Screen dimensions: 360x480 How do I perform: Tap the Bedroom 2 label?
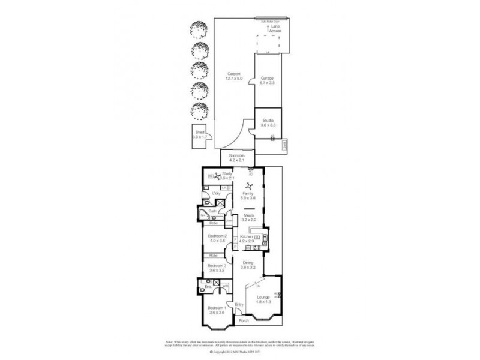[217, 239]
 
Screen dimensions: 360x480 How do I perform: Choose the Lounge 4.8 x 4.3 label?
[263, 299]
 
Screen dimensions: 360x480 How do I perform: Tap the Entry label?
[239, 304]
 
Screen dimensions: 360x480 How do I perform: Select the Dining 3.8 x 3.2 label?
[248, 265]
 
